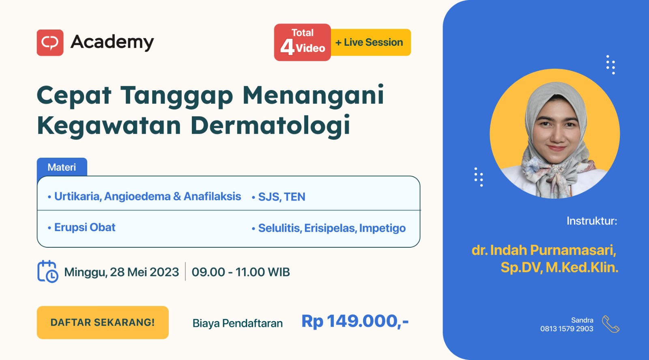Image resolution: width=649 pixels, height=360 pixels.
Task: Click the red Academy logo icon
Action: (50, 43)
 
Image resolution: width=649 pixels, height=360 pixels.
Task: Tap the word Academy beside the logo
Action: (112, 43)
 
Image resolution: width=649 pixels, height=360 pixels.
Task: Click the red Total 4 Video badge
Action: (302, 42)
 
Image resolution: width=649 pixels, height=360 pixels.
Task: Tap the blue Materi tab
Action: (62, 167)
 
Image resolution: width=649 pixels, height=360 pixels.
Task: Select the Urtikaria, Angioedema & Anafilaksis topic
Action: (144, 196)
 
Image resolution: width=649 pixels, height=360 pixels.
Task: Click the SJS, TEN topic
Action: (278, 197)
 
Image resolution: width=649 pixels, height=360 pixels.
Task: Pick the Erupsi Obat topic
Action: (82, 227)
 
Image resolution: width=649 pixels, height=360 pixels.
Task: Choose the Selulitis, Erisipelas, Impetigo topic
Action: (329, 228)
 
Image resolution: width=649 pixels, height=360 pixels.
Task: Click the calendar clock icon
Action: (48, 271)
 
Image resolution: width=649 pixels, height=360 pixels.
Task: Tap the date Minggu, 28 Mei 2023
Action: (121, 272)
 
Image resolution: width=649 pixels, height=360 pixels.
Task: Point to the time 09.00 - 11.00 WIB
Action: (241, 272)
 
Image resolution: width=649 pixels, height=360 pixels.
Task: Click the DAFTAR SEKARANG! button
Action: (103, 322)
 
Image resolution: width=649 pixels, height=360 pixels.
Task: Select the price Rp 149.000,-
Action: (355, 321)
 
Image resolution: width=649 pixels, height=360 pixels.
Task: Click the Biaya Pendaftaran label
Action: (238, 323)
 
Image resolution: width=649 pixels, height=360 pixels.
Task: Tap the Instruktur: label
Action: (592, 221)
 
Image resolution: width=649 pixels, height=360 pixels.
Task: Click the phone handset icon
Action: (610, 324)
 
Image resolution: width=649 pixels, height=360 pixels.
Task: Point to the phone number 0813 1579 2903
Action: (567, 329)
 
